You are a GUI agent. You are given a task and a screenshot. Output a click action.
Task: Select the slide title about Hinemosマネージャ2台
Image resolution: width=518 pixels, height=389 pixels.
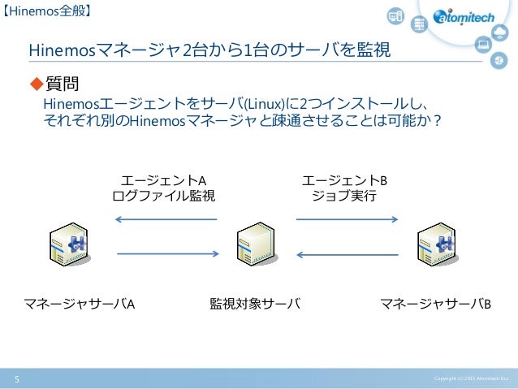tap(209, 51)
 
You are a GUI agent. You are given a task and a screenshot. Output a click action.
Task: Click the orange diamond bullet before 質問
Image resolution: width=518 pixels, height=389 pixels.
tap(35, 84)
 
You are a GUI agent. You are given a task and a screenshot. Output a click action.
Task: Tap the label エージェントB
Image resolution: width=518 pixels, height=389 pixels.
tap(344, 179)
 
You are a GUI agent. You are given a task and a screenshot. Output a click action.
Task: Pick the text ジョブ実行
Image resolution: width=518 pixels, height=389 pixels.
tap(344, 196)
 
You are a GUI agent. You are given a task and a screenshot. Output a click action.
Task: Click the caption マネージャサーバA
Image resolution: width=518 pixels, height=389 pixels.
tap(79, 305)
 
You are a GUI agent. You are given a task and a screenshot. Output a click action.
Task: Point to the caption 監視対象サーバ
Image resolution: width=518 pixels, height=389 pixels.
tap(255, 305)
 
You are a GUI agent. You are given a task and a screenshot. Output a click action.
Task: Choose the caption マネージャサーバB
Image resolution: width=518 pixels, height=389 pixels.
tap(436, 305)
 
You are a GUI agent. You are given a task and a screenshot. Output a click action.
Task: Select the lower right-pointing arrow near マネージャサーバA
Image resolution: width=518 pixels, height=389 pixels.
tap(166, 255)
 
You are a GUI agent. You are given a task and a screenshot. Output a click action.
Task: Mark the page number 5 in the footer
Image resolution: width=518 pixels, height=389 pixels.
tap(15, 378)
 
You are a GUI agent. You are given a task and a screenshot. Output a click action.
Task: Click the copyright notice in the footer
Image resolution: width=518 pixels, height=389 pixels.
tap(470, 378)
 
